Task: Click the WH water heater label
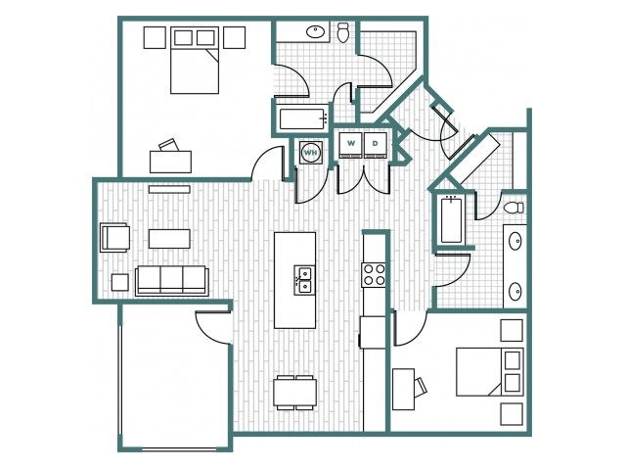point(311,153)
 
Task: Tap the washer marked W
point(350,146)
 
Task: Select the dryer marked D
point(376,146)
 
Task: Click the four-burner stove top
point(374,275)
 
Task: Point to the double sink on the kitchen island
point(304,280)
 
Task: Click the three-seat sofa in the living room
point(172,281)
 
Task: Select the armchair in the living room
point(115,237)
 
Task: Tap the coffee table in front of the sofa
point(169,239)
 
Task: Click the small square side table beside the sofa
point(119,282)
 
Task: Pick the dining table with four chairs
point(295,393)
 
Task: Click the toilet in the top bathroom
point(343,32)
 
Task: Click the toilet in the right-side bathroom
point(514,208)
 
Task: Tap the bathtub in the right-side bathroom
point(452,219)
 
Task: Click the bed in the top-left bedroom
point(195,60)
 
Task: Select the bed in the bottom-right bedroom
point(490,372)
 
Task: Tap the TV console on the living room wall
point(169,189)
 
